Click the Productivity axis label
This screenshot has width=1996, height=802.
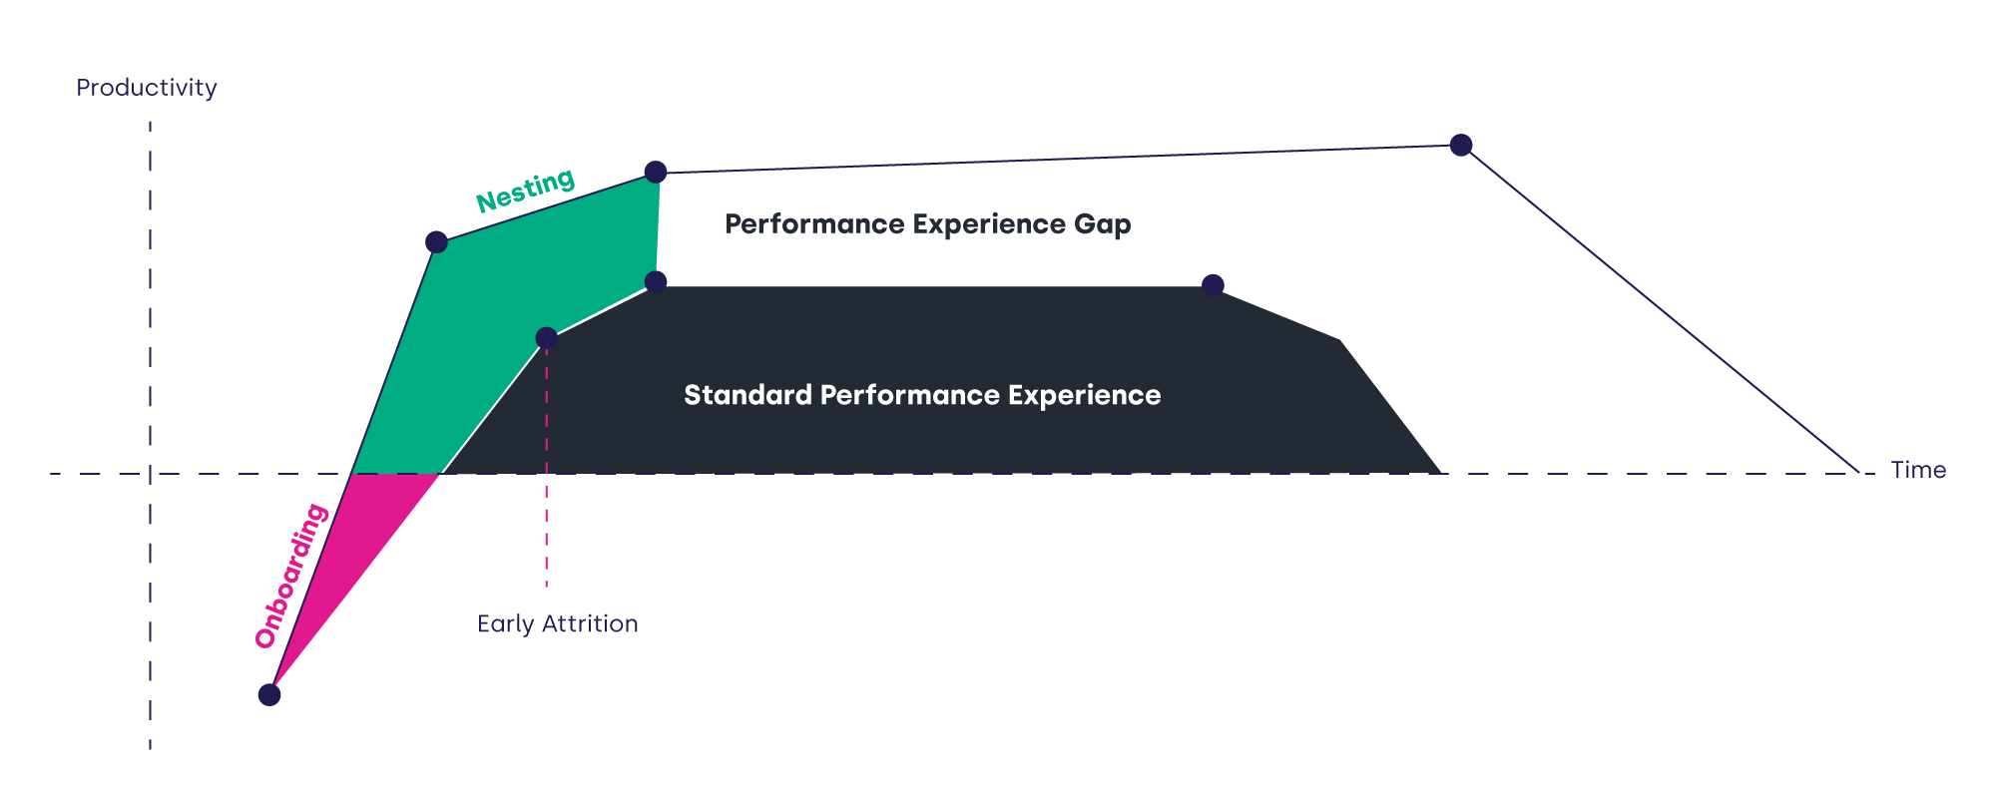point(147,88)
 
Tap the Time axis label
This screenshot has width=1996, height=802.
point(1918,470)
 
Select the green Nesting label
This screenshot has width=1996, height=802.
point(525,190)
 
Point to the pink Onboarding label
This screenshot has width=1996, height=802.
point(290,576)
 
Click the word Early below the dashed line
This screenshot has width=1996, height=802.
point(506,624)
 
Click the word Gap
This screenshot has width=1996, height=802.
point(1103,224)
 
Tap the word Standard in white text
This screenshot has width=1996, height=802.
point(748,395)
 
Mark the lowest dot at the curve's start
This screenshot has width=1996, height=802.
point(269,695)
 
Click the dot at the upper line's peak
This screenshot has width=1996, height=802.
point(1461,146)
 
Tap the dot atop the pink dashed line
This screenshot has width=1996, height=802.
point(547,338)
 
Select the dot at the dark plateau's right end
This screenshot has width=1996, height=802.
point(1213,286)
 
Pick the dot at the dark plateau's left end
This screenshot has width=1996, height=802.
point(656,282)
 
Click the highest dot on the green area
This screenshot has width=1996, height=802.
point(656,173)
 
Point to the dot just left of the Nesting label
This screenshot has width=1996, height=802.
point(436,242)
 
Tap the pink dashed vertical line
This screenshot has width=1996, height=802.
point(547,519)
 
